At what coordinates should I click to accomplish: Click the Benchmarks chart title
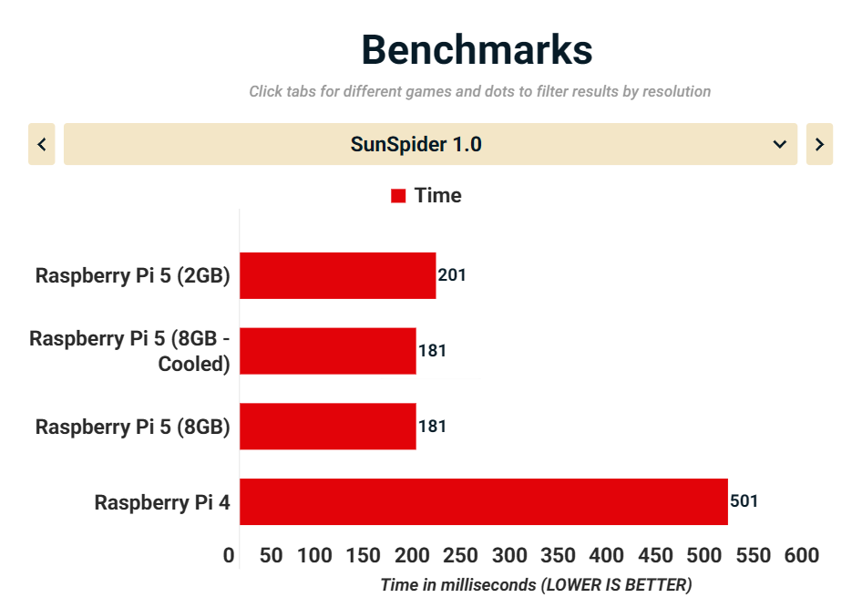pos(477,50)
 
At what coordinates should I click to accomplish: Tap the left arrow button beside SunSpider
pos(42,144)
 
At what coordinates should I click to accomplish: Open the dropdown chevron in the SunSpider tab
pos(780,144)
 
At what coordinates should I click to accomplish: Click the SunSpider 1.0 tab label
pos(416,144)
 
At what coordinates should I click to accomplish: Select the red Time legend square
pos(398,196)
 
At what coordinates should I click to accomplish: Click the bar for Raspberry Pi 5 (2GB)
pos(337,275)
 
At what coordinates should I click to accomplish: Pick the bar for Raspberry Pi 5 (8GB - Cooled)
pos(328,351)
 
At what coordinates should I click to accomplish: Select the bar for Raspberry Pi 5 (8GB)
pos(328,426)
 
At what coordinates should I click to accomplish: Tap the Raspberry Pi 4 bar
pos(483,501)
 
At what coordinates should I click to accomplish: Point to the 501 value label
pos(744,501)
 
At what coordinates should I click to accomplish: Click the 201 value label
pos(452,275)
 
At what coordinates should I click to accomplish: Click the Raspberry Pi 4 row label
pos(162,502)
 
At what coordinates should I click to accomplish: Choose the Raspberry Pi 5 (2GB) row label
pos(132,275)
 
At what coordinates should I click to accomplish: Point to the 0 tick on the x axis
pos(229,555)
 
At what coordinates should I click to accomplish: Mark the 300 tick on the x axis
pos(509,555)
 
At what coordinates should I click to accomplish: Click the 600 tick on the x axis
pos(802,555)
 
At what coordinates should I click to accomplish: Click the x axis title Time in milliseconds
pos(536,584)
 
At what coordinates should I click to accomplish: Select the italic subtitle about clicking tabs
pos(479,91)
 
